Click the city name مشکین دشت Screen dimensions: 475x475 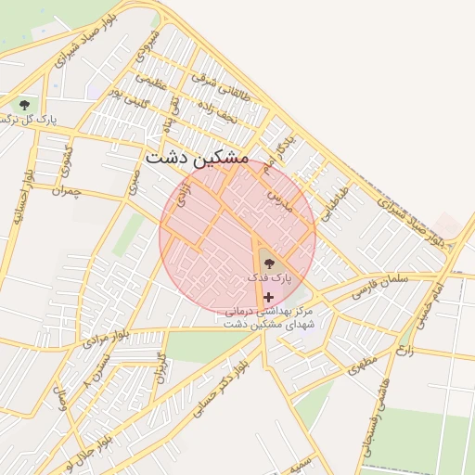click(x=197, y=159)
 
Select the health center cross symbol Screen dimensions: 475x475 click(x=269, y=298)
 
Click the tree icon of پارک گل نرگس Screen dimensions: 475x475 click(x=23, y=104)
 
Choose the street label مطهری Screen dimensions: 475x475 click(x=364, y=364)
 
